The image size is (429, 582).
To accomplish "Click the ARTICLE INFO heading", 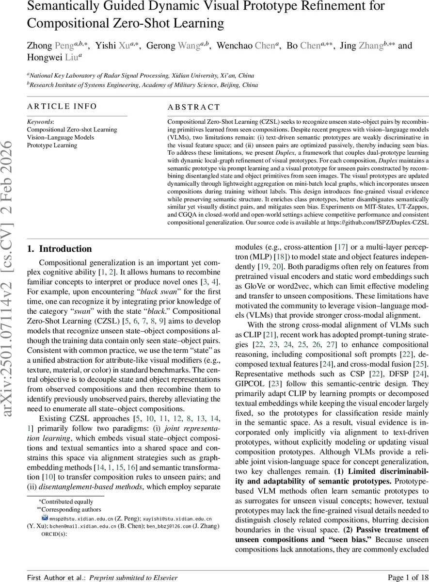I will tap(62, 107).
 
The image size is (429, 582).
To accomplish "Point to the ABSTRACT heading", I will tap(193, 108).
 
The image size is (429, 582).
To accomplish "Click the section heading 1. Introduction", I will tap(60, 249).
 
